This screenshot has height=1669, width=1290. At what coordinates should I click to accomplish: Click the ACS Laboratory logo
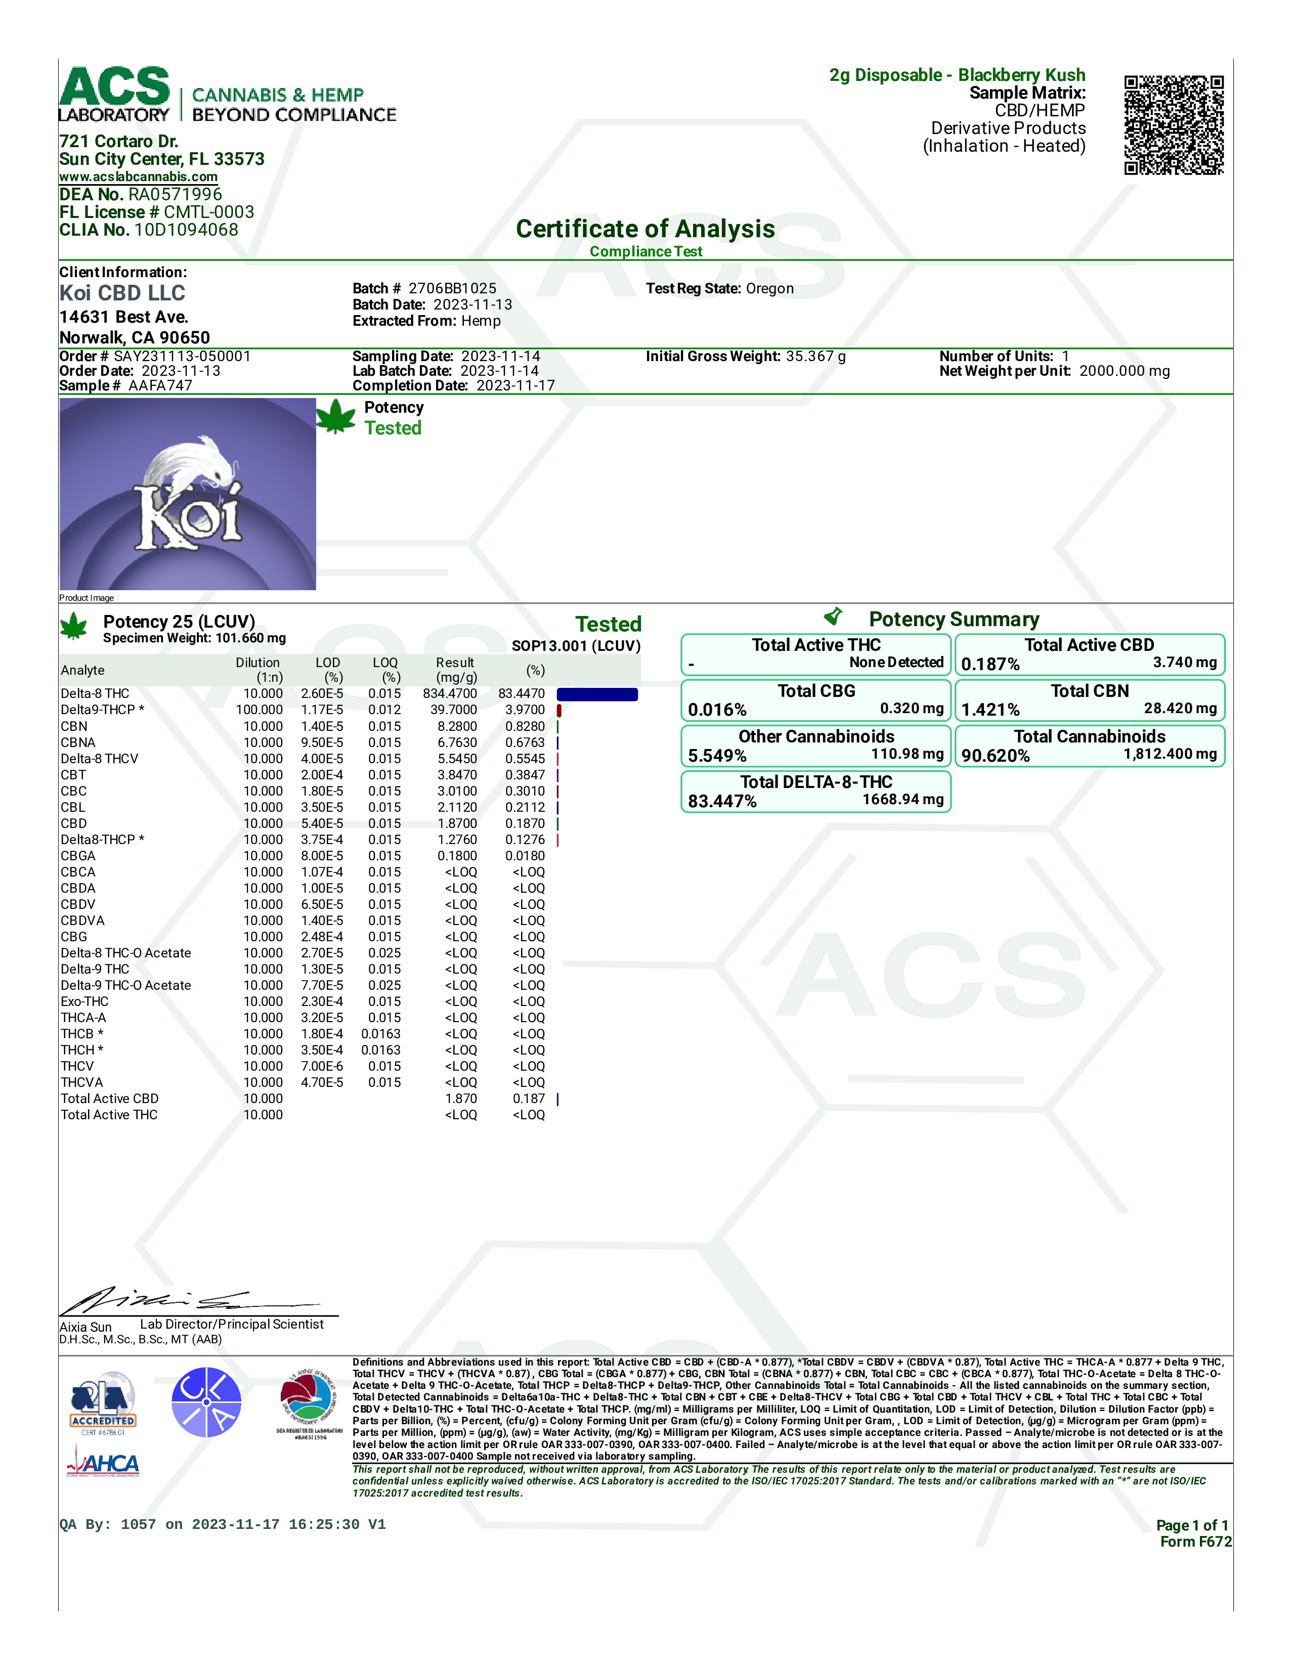coord(115,94)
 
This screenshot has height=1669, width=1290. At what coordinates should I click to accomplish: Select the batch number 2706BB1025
coord(452,288)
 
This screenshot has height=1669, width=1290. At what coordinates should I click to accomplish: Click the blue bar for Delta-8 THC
coord(597,694)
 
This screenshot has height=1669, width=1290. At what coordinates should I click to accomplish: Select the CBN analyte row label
coord(74,726)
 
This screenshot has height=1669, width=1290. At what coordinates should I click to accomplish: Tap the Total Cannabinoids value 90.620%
coord(995,756)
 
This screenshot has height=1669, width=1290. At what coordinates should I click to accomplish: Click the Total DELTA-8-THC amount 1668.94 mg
coord(902,799)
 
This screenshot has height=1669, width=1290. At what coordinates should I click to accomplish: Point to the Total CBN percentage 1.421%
coord(991,710)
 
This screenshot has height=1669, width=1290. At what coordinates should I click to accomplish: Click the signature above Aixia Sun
coord(191,1300)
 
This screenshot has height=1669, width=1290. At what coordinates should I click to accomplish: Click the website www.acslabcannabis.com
coord(138,177)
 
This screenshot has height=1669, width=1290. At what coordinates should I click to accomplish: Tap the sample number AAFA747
coord(160,385)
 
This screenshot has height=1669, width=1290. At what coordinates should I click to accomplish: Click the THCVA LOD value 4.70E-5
coord(322,1082)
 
